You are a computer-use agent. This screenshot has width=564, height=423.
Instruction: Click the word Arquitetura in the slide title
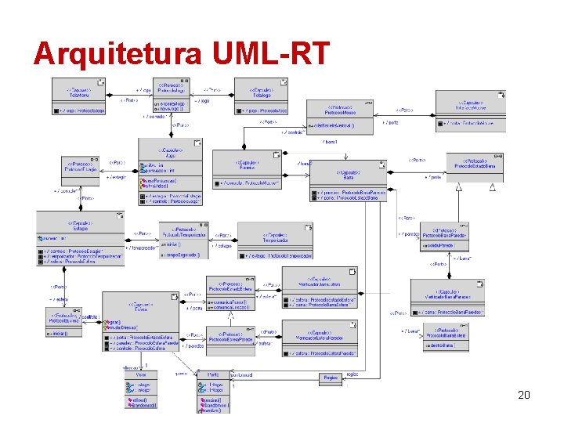[117, 52]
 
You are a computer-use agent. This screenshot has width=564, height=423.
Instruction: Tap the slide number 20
[524, 396]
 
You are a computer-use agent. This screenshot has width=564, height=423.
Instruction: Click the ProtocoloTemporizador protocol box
[184, 240]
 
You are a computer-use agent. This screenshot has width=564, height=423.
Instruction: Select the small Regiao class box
[331, 378]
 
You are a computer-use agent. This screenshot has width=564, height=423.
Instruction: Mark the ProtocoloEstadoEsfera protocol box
[230, 295]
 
